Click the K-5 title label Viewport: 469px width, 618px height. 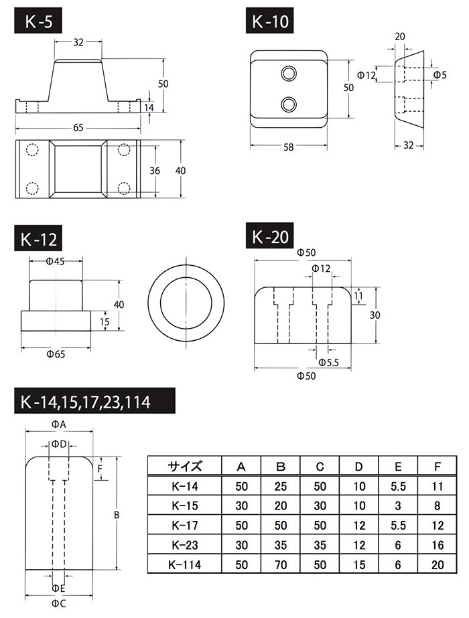tap(40, 22)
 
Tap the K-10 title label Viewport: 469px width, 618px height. tap(271, 22)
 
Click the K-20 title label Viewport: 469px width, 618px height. tap(271, 237)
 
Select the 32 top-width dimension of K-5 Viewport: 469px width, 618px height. tap(78, 42)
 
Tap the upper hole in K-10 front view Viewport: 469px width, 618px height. tap(289, 72)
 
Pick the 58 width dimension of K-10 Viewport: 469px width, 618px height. tap(289, 147)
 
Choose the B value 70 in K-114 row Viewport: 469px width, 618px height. tap(281, 564)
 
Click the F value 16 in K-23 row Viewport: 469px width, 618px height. tap(437, 545)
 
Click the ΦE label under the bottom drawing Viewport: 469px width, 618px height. tap(59, 588)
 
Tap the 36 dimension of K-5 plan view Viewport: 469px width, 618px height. tap(155, 171)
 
